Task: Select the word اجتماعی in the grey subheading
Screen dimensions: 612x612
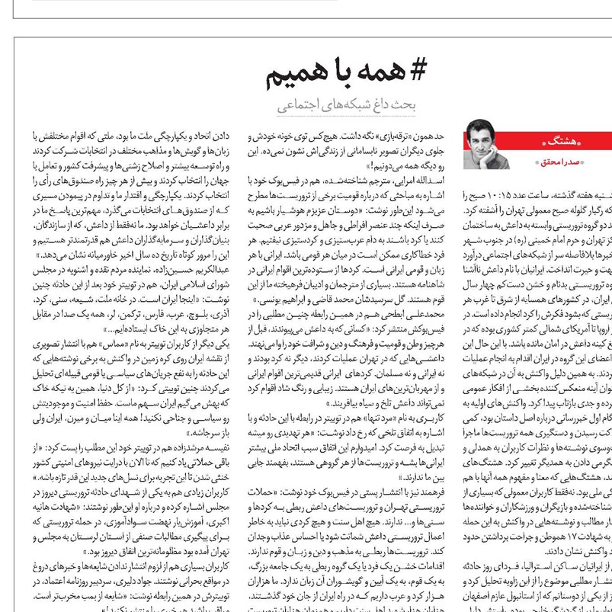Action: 297,106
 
